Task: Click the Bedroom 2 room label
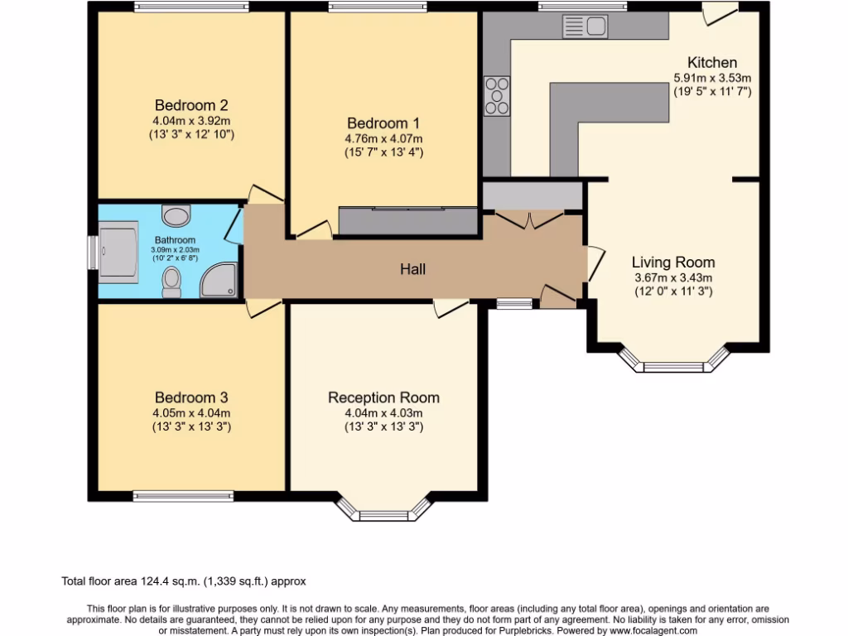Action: click(191, 105)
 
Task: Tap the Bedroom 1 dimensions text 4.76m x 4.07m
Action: click(384, 138)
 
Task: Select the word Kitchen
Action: click(711, 63)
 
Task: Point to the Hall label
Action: click(412, 269)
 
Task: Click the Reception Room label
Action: click(383, 397)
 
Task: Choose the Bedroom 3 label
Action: click(190, 397)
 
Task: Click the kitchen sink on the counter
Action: click(585, 26)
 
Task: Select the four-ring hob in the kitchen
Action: click(497, 95)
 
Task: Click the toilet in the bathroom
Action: click(172, 282)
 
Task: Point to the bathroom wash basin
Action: click(175, 216)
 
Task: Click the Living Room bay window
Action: click(673, 363)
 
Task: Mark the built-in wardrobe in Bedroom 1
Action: click(408, 220)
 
